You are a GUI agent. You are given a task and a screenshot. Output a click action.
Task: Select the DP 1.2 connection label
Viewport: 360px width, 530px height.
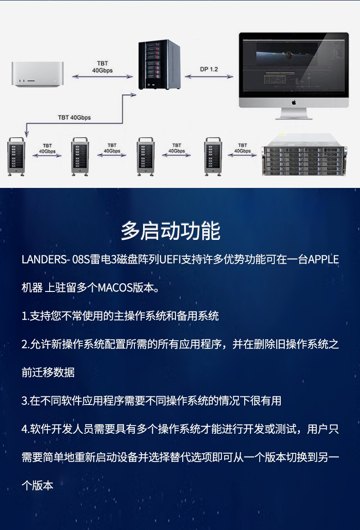pyautogui.click(x=209, y=69)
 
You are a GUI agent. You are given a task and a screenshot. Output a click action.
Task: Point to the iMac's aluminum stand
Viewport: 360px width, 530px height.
pyautogui.click(x=294, y=113)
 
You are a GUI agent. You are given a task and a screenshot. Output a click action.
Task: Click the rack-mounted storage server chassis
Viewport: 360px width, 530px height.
pyautogui.click(x=304, y=155)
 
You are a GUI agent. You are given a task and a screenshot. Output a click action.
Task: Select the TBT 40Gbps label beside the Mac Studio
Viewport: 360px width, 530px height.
pyautogui.click(x=103, y=67)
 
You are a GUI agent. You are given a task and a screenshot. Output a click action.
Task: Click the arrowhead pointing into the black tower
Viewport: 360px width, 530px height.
pyautogui.click(x=134, y=95)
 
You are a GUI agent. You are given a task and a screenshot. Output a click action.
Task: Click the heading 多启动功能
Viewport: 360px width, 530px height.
pyautogui.click(x=170, y=231)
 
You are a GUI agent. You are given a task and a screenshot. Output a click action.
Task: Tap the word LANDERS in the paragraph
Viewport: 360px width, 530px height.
pyautogui.click(x=43, y=260)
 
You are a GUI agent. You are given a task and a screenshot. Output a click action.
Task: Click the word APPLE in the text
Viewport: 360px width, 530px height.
pyautogui.click(x=324, y=260)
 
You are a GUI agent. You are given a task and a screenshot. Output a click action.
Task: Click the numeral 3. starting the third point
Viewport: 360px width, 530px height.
pyautogui.click(x=26, y=401)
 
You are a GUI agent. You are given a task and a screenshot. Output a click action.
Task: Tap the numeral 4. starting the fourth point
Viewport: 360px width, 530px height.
pyautogui.click(x=26, y=429)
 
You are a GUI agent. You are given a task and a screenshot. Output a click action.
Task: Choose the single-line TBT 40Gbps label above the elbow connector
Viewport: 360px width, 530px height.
pyautogui.click(x=74, y=118)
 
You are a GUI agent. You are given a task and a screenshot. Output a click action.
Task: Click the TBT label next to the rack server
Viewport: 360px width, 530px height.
pyautogui.click(x=242, y=148)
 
